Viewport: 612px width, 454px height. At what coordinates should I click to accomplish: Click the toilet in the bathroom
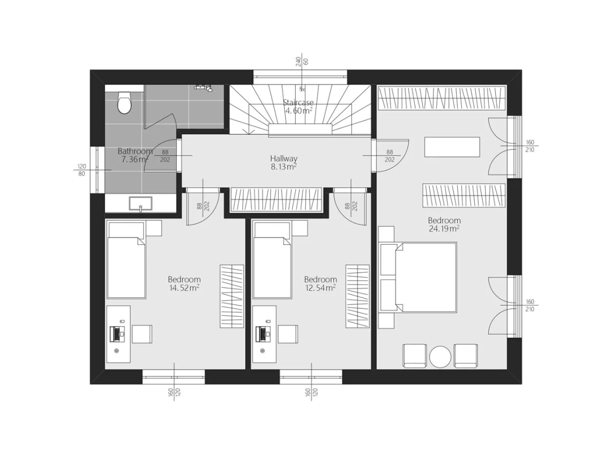point(124,102)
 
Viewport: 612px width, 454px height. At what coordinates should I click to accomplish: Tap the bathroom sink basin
point(141,203)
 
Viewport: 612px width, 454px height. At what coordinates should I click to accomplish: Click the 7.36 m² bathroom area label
point(134,159)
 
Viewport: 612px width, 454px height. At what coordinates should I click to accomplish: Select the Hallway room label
point(284,159)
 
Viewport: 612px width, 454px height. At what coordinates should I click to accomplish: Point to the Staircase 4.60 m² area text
point(298,107)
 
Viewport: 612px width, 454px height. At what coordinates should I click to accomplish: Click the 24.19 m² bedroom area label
point(444,229)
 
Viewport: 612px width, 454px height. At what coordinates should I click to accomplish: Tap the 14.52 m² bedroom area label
point(184,288)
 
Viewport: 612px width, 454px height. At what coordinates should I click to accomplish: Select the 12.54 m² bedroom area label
point(320,288)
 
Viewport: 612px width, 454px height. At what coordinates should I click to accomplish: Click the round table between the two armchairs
point(440,357)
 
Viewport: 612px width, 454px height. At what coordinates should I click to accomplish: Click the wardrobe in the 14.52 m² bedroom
point(232,296)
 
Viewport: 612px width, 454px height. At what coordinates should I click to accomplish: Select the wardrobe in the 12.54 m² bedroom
point(358,296)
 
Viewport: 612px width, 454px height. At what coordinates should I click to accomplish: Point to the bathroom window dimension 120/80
point(82,170)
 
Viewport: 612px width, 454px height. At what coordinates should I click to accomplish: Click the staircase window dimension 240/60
point(302,61)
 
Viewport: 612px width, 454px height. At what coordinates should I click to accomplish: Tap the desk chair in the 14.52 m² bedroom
point(142,334)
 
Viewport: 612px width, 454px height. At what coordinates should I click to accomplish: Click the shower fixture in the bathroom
point(203,87)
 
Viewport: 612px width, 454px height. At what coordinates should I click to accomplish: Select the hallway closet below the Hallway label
point(277,200)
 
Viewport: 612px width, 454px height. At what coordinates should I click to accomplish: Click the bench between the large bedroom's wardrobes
point(452,147)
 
